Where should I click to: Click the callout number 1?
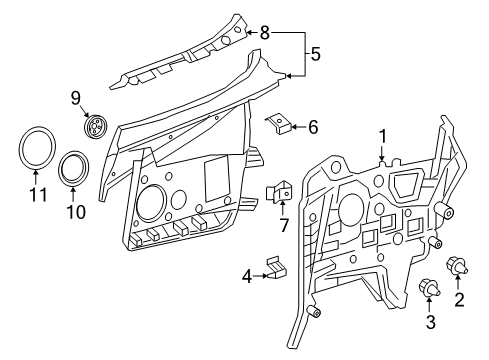pos(382,137)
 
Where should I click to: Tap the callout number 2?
pos(459,300)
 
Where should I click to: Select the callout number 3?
pos(431,322)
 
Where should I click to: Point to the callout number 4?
pos(247,276)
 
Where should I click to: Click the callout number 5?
pos(315,54)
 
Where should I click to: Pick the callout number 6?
pos(313,127)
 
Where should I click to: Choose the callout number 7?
pos(284,225)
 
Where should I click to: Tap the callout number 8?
pos(264,33)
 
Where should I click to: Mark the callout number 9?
pos(75,98)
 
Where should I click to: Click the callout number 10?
pos(76,211)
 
